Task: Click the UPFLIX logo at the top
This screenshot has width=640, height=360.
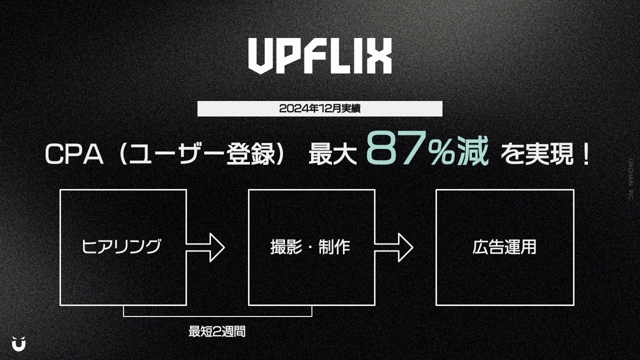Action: (320, 56)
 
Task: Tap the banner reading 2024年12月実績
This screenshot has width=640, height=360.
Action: (319, 108)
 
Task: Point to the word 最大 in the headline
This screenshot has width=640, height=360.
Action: (332, 155)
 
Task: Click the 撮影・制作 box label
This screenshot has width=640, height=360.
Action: (310, 247)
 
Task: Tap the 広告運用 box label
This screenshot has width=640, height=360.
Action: (504, 247)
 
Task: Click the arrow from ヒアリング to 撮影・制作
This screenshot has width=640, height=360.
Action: (205, 247)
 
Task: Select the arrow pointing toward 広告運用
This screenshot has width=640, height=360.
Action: (393, 247)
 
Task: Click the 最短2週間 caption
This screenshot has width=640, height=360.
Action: (217, 331)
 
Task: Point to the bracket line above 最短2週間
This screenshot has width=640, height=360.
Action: (217, 315)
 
